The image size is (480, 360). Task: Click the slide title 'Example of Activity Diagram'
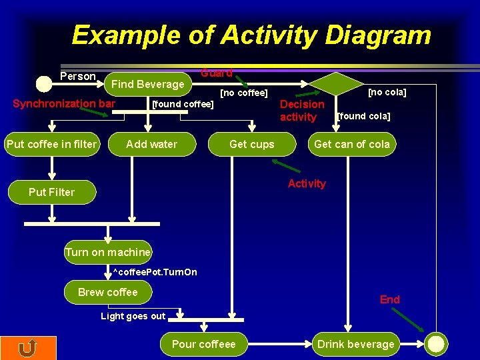[x=251, y=35]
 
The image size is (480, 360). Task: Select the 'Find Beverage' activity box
[x=148, y=84]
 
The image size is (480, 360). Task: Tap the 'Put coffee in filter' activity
[x=51, y=144]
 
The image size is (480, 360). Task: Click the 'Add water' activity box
[x=152, y=144]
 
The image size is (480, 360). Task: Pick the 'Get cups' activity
[x=252, y=144]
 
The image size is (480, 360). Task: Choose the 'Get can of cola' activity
[x=352, y=144]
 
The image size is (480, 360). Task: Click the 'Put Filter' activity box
[x=51, y=192]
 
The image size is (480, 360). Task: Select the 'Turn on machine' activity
[x=108, y=252]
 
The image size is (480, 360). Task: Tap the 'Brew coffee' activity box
[x=108, y=292]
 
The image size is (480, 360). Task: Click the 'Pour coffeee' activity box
[x=204, y=344]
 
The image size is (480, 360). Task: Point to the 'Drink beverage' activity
[x=356, y=344]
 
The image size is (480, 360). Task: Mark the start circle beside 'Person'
[x=43, y=84]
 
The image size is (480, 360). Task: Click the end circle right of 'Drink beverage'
[x=436, y=344]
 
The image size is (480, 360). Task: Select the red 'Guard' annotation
[x=217, y=73]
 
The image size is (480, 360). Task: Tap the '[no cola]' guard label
[x=387, y=92]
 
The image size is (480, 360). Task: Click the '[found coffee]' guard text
[x=183, y=103]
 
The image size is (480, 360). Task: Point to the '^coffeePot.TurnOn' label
[x=155, y=272]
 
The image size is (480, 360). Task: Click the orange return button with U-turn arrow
[x=28, y=348]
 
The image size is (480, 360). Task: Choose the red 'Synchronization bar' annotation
[x=64, y=103]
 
